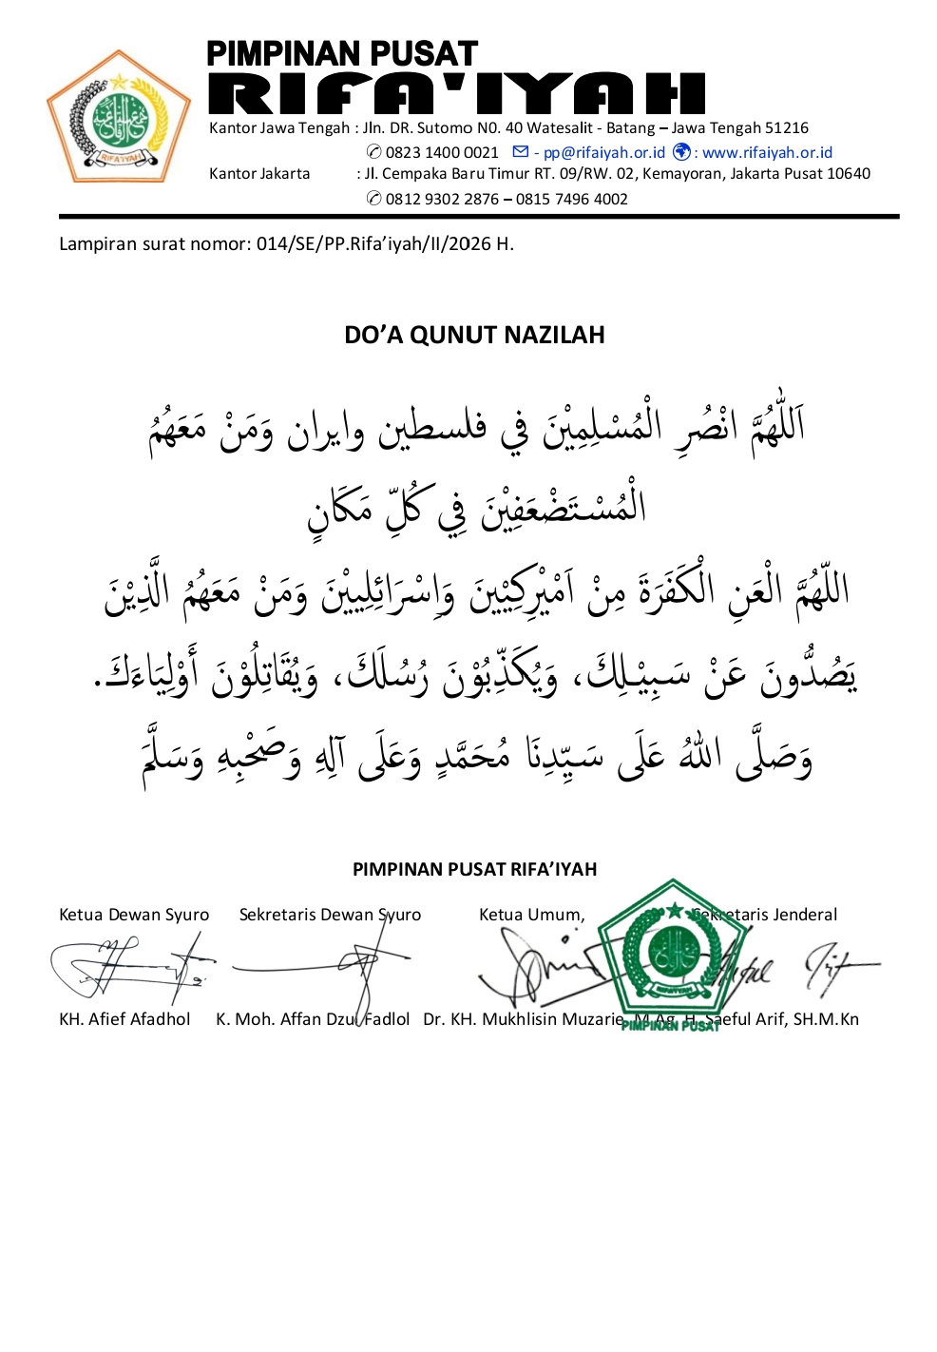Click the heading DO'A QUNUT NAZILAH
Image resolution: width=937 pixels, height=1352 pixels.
(474, 335)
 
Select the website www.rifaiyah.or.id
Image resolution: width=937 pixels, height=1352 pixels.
(767, 152)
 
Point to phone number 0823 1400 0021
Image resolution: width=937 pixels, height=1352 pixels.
(442, 152)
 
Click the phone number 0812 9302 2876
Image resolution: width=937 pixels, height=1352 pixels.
(442, 199)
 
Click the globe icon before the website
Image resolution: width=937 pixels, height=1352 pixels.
(681, 152)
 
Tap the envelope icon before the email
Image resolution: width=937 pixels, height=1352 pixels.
(520, 152)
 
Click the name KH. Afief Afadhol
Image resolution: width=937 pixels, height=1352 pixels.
(124, 1019)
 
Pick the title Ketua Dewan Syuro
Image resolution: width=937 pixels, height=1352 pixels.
(134, 915)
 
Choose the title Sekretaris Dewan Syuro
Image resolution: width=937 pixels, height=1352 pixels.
(330, 915)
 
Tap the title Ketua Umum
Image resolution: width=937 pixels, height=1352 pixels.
(531, 915)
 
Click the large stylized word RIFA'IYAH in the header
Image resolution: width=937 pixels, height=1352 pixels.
(456, 94)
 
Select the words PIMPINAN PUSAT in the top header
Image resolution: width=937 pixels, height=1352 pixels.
(342, 53)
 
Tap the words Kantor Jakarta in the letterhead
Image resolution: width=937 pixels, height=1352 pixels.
(259, 173)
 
